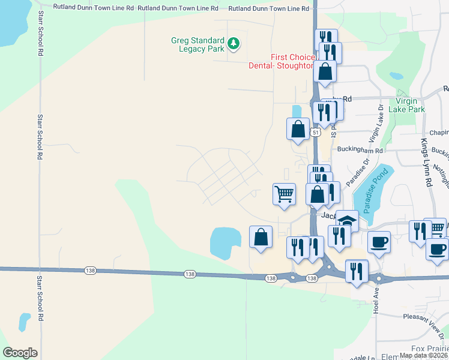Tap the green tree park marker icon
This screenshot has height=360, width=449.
tap(234, 43)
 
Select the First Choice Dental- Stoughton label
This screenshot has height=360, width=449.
tap(281, 61)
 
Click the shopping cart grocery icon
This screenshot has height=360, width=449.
tap(284, 194)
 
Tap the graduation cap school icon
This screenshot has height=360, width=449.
tap(347, 220)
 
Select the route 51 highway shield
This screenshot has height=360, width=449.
tap(316, 131)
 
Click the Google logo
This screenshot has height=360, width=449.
tap(20, 352)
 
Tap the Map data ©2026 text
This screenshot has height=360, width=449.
tap(423, 355)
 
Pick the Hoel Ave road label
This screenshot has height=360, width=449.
tap(376, 300)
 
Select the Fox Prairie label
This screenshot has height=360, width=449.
tap(430, 349)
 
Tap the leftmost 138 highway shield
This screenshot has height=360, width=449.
tap(90, 271)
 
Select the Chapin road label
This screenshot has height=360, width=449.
tap(439, 133)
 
